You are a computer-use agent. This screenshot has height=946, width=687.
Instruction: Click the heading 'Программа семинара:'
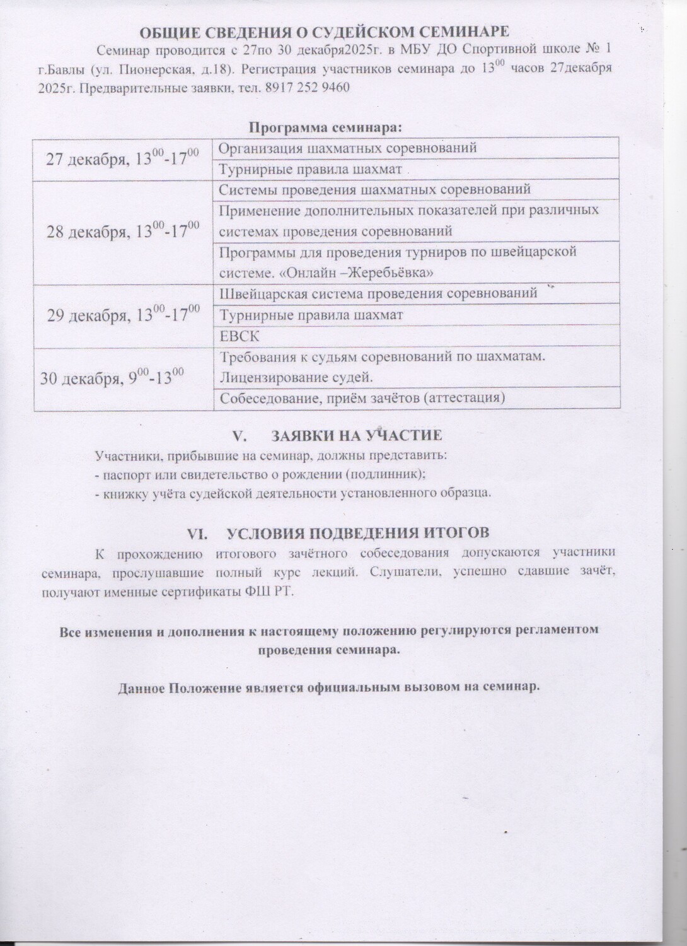[x=325, y=127]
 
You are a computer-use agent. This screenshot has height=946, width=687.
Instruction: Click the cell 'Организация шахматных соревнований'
[x=347, y=148]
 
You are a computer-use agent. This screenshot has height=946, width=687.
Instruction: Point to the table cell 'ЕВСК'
[x=239, y=336]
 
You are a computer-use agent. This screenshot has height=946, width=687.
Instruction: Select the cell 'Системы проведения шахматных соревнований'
[x=374, y=189]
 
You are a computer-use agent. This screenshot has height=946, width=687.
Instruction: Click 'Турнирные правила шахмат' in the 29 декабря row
[x=311, y=314]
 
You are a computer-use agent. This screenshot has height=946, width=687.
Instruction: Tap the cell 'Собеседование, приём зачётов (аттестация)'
[x=362, y=398]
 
